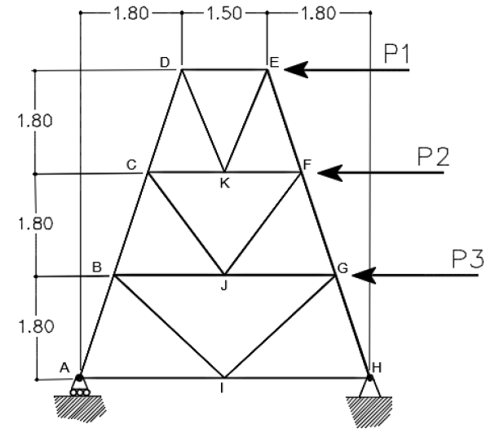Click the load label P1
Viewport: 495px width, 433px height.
[397, 54]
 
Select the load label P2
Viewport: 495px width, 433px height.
[433, 157]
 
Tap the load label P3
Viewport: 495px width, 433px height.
[467, 258]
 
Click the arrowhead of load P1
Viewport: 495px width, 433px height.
[296, 70]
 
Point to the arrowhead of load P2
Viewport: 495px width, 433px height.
[330, 173]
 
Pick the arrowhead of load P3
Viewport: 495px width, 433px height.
[364, 276]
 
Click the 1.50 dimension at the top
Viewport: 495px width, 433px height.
[224, 14]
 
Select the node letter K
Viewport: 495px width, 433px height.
[225, 183]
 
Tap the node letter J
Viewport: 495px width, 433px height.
[224, 286]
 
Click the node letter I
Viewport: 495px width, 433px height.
[223, 388]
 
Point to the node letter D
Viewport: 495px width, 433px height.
[165, 63]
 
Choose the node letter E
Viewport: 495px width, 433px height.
[274, 63]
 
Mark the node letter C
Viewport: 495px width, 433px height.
[131, 165]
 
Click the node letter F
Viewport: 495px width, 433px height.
[307, 165]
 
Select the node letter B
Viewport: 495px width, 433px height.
[97, 267]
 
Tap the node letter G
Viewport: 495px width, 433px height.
[343, 268]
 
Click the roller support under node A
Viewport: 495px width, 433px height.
[80, 386]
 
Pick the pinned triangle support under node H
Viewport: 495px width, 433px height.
[369, 387]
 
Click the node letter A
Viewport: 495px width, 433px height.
[64, 368]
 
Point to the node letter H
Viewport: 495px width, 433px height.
[377, 367]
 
